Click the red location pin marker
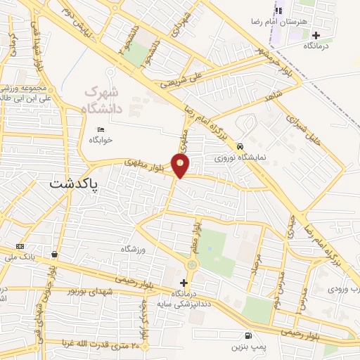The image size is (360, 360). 181,166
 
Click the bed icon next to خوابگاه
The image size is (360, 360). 100,129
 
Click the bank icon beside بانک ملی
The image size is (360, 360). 20,246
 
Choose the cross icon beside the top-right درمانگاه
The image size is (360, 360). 316,34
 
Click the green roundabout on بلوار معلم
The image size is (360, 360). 193,264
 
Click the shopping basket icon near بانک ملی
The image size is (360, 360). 54,254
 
